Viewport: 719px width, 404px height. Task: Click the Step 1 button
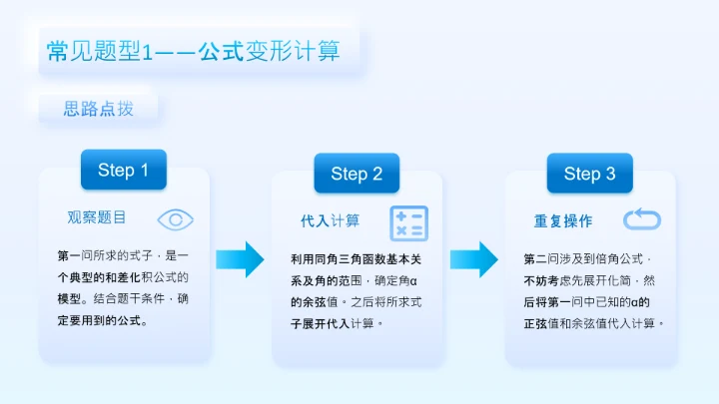pos(123,171)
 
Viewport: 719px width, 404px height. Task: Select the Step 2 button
pos(357,175)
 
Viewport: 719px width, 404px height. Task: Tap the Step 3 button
pos(589,174)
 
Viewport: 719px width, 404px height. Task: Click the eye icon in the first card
pos(176,219)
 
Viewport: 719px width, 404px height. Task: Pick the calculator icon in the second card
pos(408,223)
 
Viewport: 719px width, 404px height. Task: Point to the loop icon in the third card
pos(641,219)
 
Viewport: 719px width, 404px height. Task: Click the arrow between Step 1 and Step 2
pos(240,259)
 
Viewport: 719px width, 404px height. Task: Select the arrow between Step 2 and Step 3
pos(473,259)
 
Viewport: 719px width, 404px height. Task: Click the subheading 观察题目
pos(97,217)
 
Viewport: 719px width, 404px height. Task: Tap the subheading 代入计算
pos(330,220)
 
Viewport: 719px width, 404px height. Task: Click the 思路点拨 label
pos(98,109)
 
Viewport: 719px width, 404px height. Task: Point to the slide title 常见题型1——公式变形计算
pos(194,51)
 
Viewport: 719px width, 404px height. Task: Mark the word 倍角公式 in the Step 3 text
pos(618,258)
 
